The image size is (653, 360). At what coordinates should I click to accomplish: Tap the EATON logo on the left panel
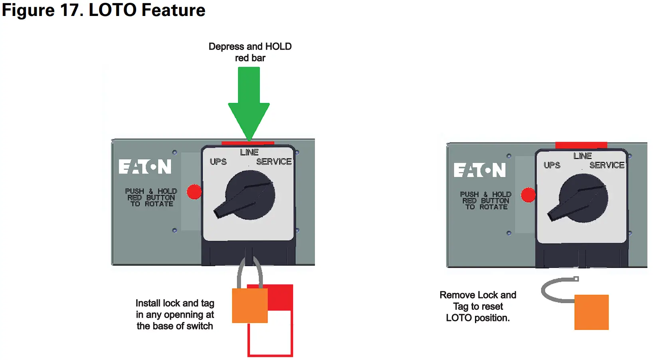tap(145, 166)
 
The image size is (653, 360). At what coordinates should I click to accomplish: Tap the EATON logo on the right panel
tap(479, 170)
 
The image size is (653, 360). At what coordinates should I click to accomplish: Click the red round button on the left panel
tap(194, 192)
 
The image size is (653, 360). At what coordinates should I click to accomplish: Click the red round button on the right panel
tap(528, 195)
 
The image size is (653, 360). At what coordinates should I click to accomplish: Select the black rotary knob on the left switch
tap(250, 195)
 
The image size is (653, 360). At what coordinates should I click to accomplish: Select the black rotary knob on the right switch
tap(583, 198)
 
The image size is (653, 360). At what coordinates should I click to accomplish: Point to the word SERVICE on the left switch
tap(274, 162)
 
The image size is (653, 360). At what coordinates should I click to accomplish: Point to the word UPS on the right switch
tap(552, 165)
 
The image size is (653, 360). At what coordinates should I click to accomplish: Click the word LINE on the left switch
tap(249, 152)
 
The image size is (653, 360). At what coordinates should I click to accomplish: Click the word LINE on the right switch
tap(582, 156)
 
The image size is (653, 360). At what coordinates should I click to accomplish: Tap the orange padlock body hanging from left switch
tap(249, 305)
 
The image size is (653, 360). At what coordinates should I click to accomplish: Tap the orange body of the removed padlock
tap(591, 312)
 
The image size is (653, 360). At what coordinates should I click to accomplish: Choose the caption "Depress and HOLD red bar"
tap(250, 52)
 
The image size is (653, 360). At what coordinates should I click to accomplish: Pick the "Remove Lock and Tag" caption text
tap(478, 306)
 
